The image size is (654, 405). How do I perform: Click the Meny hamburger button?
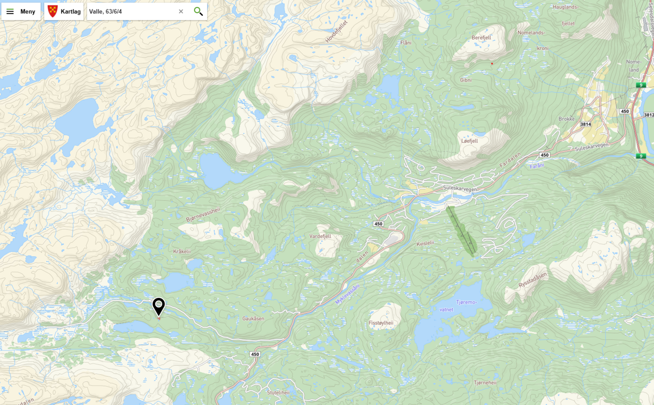pyautogui.click(x=21, y=11)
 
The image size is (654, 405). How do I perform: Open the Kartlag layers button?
pyautogui.click(x=64, y=11)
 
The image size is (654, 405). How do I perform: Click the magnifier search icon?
pyautogui.click(x=198, y=11)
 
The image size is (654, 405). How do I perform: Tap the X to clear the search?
pyautogui.click(x=181, y=11)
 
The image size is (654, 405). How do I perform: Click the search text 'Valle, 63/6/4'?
pyautogui.click(x=105, y=11)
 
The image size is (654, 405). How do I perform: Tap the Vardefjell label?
pyautogui.click(x=320, y=236)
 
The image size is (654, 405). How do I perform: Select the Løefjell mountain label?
pyautogui.click(x=469, y=141)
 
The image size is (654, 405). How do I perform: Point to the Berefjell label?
pyautogui.click(x=481, y=38)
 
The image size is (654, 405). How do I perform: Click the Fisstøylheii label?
pyautogui.click(x=381, y=323)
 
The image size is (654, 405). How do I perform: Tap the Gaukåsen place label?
pyautogui.click(x=253, y=319)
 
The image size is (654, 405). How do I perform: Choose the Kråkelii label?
pyautogui.click(x=182, y=252)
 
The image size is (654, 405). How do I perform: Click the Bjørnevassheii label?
pyautogui.click(x=203, y=215)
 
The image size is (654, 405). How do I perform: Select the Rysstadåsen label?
pyautogui.click(x=532, y=280)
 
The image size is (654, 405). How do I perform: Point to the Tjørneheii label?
pyautogui.click(x=485, y=383)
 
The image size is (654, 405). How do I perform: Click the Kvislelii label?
pyautogui.click(x=425, y=243)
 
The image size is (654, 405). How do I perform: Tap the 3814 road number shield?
pyautogui.click(x=585, y=124)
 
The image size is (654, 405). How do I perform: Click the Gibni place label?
pyautogui.click(x=466, y=80)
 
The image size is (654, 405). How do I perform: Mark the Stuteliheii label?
pyautogui.click(x=278, y=393)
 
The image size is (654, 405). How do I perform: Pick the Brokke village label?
pyautogui.click(x=567, y=119)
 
